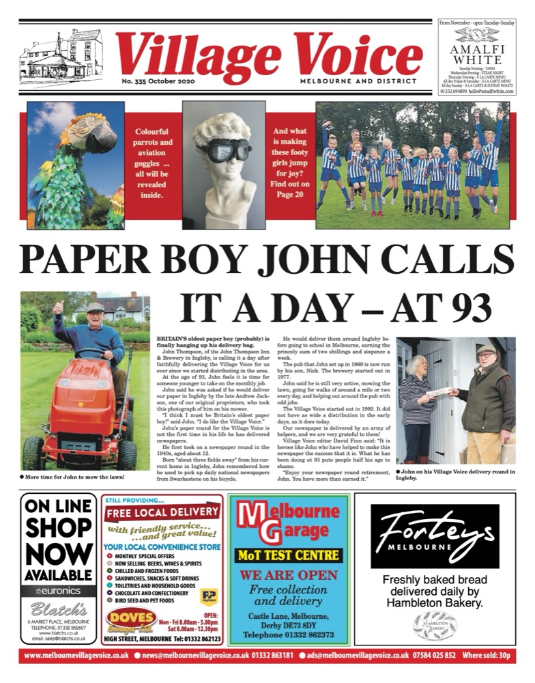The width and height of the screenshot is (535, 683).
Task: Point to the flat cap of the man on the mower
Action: click(x=96, y=307)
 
